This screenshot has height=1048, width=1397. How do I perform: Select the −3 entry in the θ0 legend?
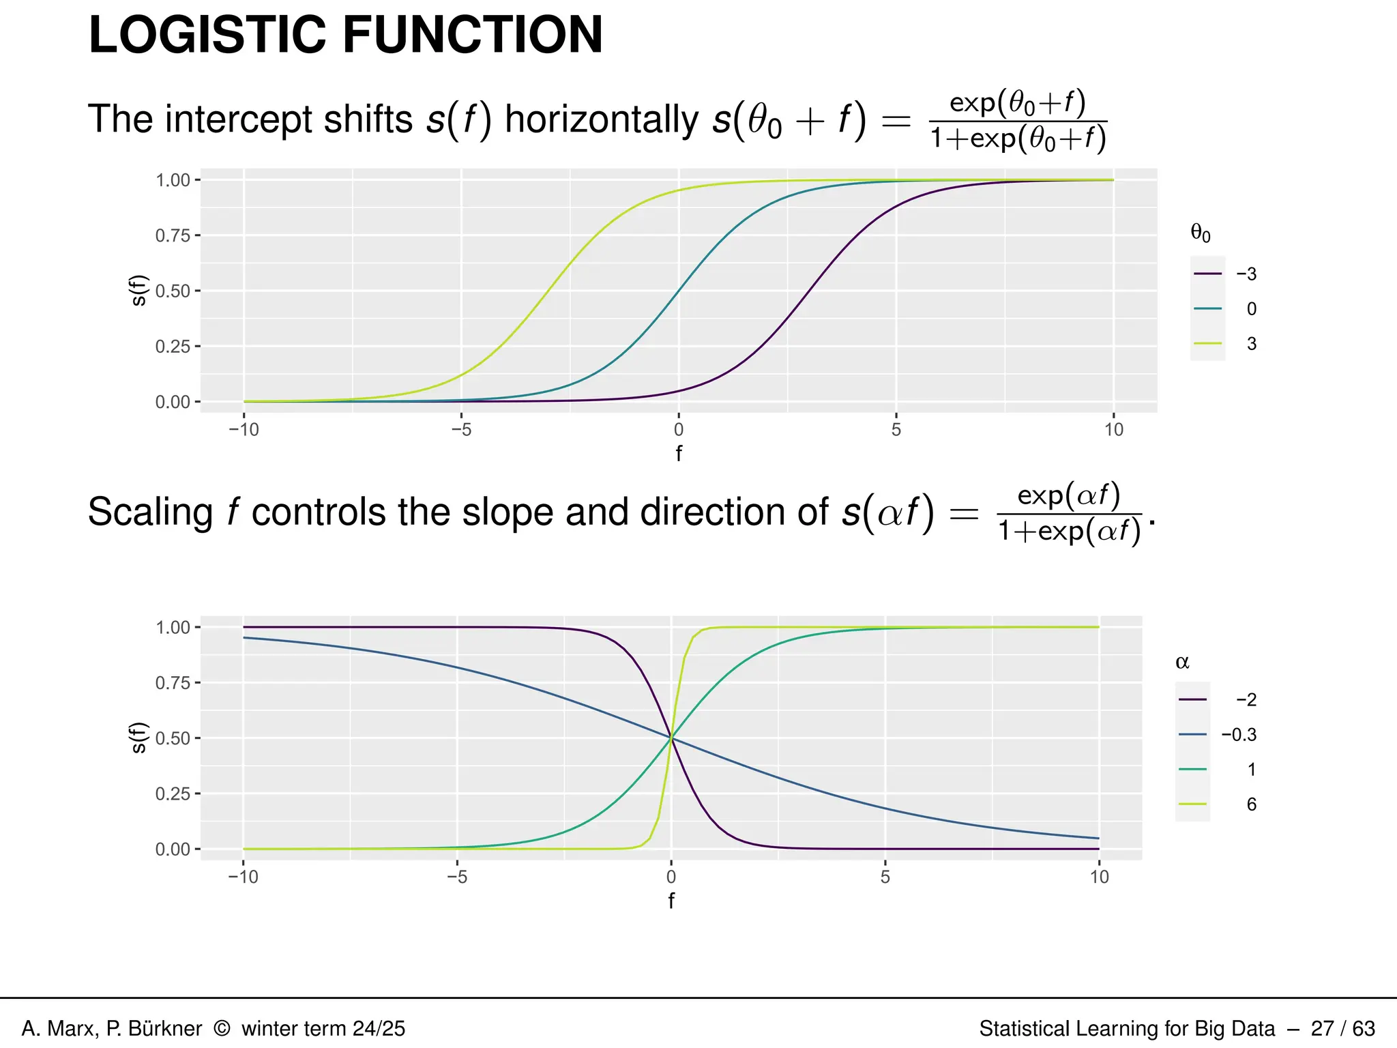(1246, 274)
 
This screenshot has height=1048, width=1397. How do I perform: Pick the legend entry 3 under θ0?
(1251, 344)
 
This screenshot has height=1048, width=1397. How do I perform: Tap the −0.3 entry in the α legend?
(1239, 735)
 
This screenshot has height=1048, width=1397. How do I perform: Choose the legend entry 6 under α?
(1251, 804)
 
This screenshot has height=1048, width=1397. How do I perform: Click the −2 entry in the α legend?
(1246, 700)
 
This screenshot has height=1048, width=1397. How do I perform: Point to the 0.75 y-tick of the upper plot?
(173, 236)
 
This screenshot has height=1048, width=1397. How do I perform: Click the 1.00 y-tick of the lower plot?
(173, 628)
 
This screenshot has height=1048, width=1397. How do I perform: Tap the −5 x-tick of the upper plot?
(461, 430)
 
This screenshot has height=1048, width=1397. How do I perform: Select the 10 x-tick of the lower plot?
(1099, 877)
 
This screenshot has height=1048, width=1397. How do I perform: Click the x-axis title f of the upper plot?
(678, 454)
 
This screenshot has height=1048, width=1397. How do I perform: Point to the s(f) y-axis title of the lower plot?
(138, 738)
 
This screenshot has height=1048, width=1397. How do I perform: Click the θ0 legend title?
(1201, 234)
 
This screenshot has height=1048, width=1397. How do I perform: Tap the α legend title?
(1182, 663)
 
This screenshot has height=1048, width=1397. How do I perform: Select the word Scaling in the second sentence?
(150, 512)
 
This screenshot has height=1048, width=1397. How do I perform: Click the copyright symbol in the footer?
(222, 1028)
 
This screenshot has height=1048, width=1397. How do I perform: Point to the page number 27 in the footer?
(1322, 1028)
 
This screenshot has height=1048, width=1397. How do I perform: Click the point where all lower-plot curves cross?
(671, 738)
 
